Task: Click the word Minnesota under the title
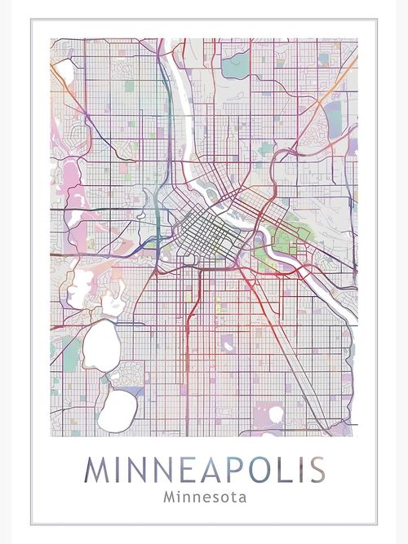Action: pyautogui.click(x=204, y=494)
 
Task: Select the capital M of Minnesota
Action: pyautogui.click(x=169, y=494)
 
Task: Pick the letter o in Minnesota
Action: pyautogui.click(x=220, y=495)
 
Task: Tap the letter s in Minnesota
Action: pyautogui.click(x=211, y=495)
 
